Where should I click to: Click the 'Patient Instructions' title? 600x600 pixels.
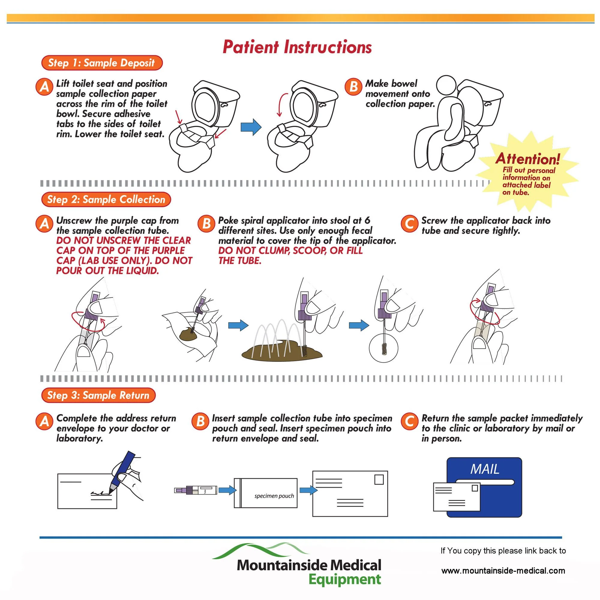pyautogui.click(x=297, y=47)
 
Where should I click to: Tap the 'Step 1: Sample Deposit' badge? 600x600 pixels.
pyautogui.click(x=102, y=63)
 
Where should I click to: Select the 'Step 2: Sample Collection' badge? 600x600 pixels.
pyautogui.click(x=106, y=199)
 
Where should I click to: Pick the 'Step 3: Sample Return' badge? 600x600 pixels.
pyautogui.click(x=98, y=395)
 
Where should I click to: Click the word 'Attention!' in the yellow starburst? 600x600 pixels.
pyautogui.click(x=528, y=159)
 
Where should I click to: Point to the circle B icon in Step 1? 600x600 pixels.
pyautogui.click(x=353, y=86)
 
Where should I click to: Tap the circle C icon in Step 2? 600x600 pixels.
pyautogui.click(x=409, y=223)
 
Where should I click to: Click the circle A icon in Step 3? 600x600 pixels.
pyautogui.click(x=44, y=421)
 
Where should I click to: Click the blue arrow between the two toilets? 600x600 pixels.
pyautogui.click(x=251, y=127)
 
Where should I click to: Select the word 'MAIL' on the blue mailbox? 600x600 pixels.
pyautogui.click(x=485, y=469)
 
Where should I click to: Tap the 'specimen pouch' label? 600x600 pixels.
pyautogui.click(x=274, y=496)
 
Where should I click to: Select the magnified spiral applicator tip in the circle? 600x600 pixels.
pyautogui.click(x=384, y=348)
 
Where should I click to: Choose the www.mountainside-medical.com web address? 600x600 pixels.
pyautogui.click(x=503, y=571)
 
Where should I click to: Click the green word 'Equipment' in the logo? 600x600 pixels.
pyautogui.click(x=345, y=580)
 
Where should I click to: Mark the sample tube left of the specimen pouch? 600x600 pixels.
pyautogui.click(x=196, y=490)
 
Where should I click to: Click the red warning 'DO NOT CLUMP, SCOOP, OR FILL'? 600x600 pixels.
pyautogui.click(x=290, y=250)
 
